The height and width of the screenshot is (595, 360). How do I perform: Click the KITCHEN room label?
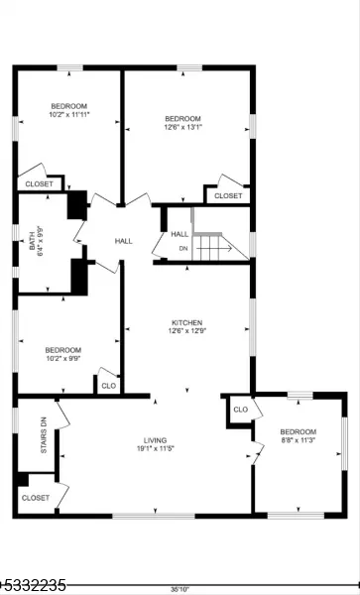187,322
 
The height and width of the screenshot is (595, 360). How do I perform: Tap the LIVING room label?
155,440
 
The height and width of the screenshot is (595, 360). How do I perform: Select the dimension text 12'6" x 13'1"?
182,127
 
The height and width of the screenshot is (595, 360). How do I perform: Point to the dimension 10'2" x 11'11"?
69,114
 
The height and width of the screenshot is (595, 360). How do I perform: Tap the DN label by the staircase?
183,249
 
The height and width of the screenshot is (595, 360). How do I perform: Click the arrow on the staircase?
214,249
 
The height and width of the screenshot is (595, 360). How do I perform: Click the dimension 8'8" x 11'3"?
298,440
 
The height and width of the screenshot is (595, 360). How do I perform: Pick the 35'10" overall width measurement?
180,589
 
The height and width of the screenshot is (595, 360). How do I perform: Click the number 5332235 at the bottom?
35,585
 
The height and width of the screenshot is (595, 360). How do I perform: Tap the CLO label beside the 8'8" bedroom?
241,410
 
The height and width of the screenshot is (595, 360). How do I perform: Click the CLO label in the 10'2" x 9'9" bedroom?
108,386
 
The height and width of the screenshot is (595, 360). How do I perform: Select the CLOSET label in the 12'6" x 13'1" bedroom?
228,195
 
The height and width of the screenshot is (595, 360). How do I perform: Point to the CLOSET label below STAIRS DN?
36,498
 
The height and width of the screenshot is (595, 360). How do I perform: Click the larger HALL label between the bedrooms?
124,241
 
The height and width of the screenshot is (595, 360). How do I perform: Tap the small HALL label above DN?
180,234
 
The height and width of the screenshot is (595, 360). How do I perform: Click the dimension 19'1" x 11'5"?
155,448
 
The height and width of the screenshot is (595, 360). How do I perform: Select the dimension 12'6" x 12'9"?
187,330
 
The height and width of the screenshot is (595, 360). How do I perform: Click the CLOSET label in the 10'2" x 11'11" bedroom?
39,184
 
